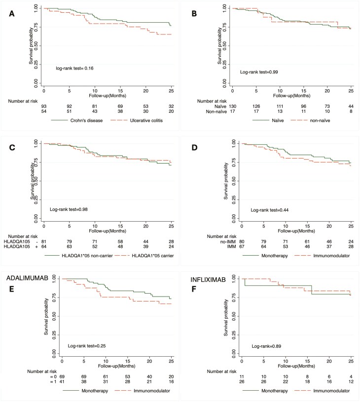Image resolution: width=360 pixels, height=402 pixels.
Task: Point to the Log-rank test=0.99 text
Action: coord(260,72)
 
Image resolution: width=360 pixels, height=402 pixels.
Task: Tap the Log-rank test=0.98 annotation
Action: coord(69,209)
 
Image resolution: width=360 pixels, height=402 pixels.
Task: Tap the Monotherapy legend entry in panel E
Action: coord(81,391)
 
